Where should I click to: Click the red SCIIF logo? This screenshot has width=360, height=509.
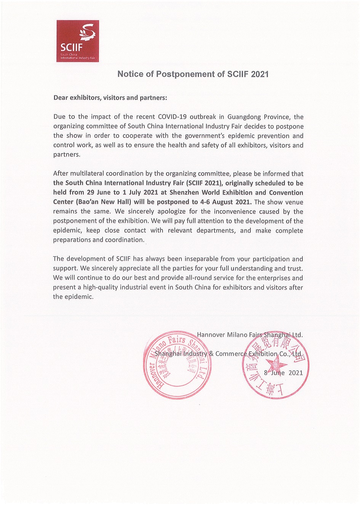click(78, 41)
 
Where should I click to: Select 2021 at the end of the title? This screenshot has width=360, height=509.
click(259, 74)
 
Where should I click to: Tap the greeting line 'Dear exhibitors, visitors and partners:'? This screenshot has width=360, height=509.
click(110, 97)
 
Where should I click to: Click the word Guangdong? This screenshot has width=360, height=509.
click(241, 117)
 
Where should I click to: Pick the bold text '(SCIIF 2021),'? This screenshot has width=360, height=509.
click(204, 183)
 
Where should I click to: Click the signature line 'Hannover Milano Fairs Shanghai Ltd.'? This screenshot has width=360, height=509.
click(250, 335)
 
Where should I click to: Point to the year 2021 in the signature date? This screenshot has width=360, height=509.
click(296, 373)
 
